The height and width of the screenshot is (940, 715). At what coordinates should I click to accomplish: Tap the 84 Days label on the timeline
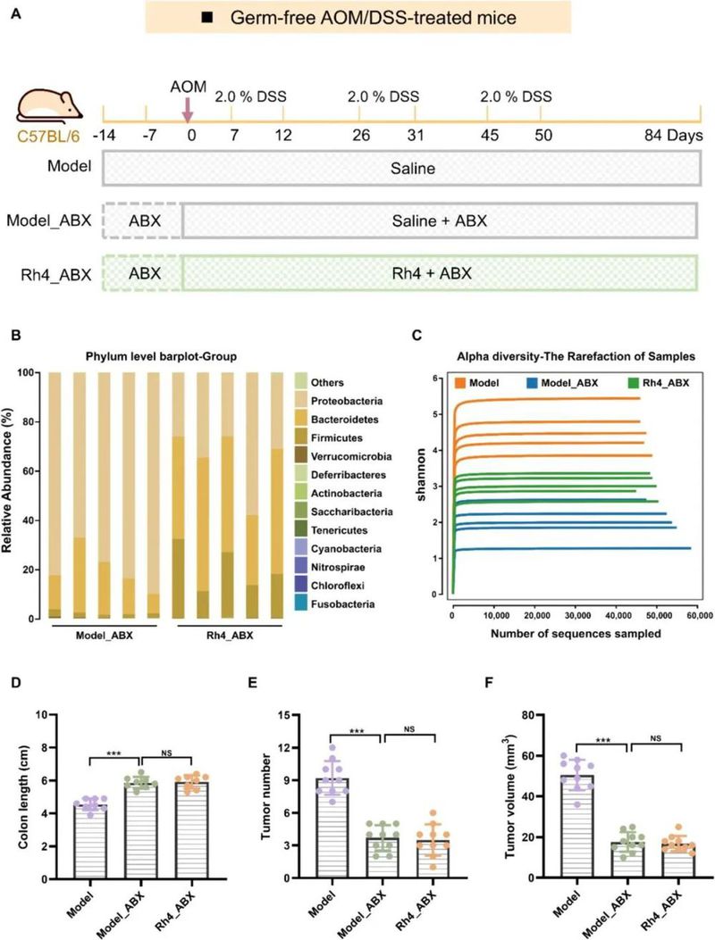tap(677, 136)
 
